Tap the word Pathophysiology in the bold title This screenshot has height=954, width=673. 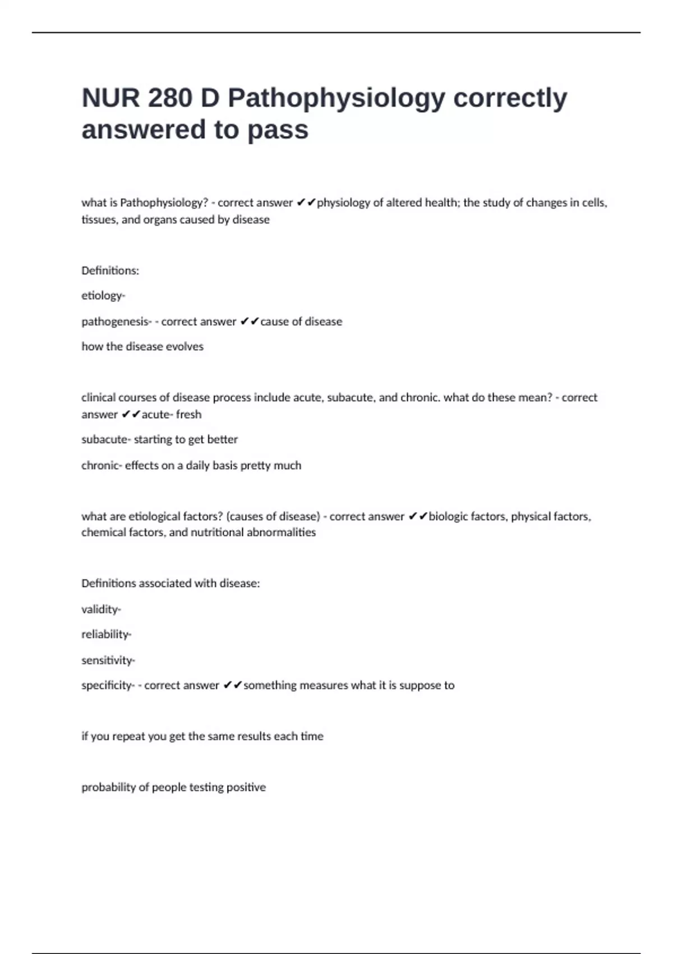(x=336, y=99)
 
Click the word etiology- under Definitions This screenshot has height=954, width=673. (x=103, y=296)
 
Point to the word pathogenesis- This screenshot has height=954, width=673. (x=116, y=322)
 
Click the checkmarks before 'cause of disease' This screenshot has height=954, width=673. (x=250, y=322)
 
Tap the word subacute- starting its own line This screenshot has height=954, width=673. (x=106, y=439)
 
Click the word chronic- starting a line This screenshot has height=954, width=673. (x=102, y=465)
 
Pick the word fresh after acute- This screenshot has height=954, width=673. (x=188, y=414)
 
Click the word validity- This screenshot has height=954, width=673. (x=101, y=609)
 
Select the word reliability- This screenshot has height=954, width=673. (x=106, y=635)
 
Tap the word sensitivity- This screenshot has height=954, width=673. (x=108, y=661)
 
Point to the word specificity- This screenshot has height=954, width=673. (x=108, y=685)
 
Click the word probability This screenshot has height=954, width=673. (x=108, y=787)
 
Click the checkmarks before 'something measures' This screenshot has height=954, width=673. (x=233, y=685)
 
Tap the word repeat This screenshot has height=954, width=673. (x=128, y=736)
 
